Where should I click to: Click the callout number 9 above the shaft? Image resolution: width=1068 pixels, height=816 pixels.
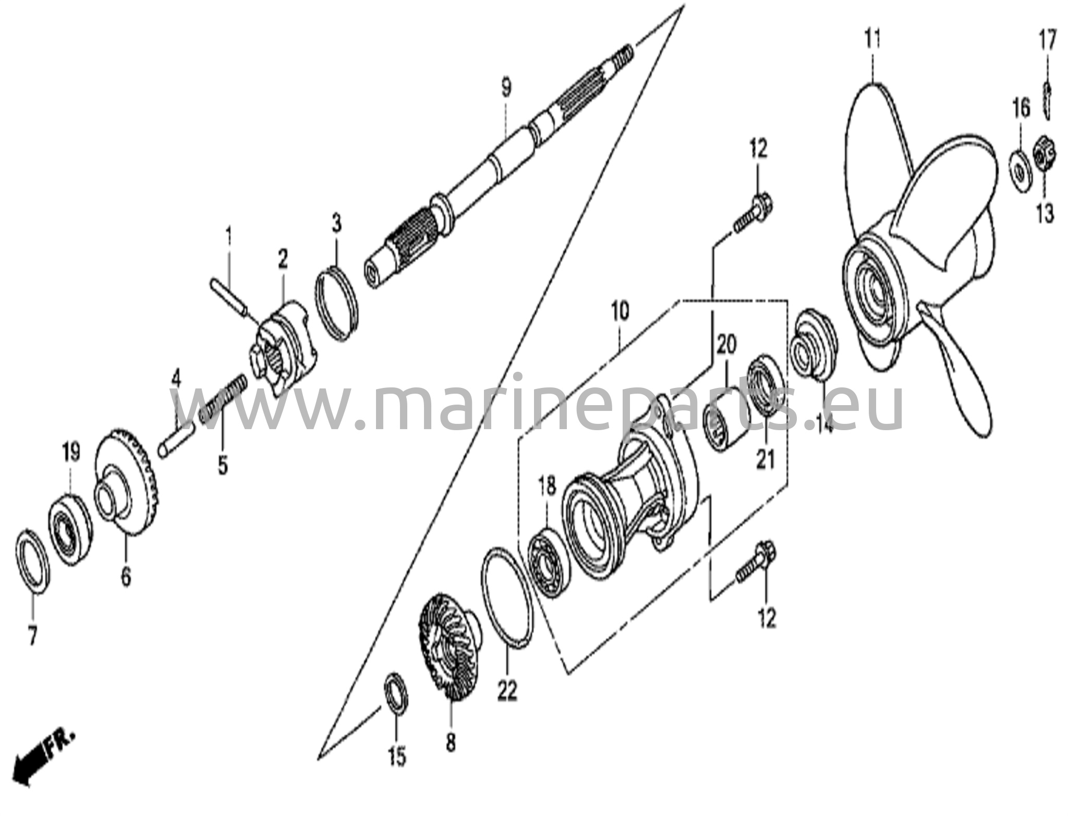coord(506,87)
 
